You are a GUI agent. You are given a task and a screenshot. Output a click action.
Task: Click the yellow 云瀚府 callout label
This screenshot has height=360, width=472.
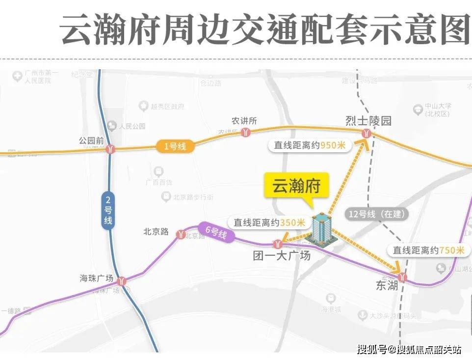point(296,186)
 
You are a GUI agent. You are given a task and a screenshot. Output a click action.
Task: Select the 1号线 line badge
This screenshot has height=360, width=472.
point(175,146)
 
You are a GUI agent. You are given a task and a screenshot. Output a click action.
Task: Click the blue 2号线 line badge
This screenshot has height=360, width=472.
point(108,210)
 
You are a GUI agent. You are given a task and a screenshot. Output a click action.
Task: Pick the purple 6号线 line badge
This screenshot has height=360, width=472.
point(215,232)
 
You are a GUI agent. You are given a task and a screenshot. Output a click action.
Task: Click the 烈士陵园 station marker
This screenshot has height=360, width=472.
point(366,134)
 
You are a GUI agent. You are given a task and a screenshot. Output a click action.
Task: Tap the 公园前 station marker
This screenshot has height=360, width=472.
point(110,149)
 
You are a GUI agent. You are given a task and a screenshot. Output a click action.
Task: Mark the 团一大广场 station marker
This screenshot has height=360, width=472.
point(278,243)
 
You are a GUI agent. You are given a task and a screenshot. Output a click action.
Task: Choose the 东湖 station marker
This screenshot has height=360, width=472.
point(403,277)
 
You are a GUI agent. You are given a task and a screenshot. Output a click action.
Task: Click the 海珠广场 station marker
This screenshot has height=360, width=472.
point(122,281)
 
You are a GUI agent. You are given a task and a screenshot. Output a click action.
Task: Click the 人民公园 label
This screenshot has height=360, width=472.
point(132,126)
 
